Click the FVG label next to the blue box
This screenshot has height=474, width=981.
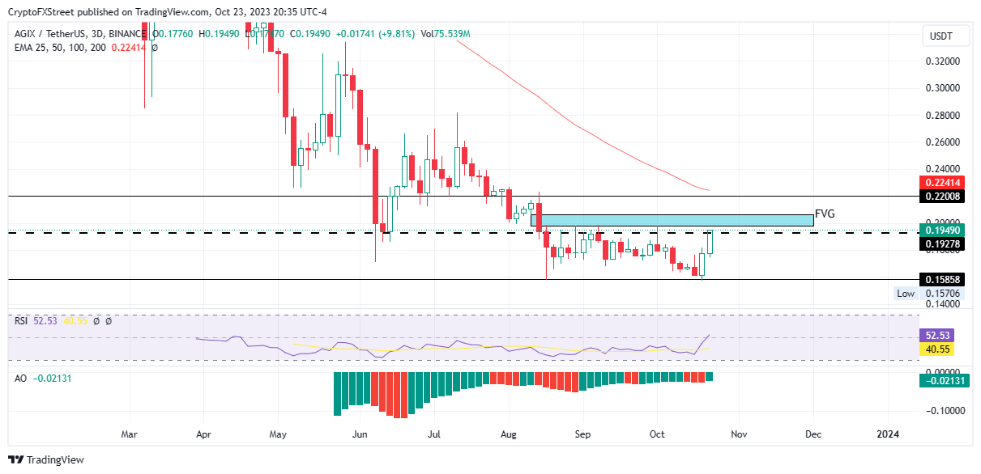(x=825, y=214)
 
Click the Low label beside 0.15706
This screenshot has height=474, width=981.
(x=906, y=294)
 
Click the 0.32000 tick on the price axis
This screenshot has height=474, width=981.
(x=942, y=61)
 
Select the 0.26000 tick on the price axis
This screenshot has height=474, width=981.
(x=942, y=142)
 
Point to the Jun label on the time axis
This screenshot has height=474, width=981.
(x=360, y=434)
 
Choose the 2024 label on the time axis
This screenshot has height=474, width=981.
(x=888, y=434)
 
